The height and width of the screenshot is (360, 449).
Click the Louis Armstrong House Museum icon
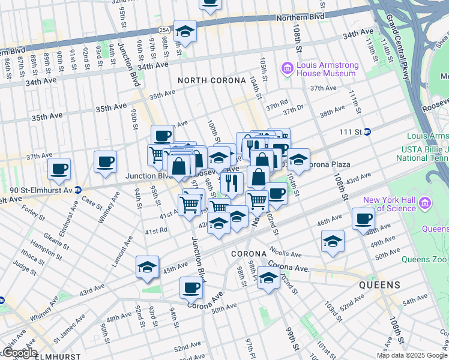click(288, 69)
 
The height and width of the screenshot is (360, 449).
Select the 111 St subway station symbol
click(367, 131)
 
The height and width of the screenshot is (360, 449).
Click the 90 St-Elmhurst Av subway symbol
click(77, 190)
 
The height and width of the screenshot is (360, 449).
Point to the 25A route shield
click(165, 28)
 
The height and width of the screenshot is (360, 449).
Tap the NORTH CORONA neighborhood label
click(212, 80)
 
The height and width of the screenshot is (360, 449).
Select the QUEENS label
click(379, 285)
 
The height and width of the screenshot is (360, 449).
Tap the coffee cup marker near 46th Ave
click(363, 219)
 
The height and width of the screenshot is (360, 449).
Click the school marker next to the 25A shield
click(187, 32)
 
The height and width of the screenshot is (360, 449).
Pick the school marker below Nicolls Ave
click(268, 278)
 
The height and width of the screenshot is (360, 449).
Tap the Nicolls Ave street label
click(285, 250)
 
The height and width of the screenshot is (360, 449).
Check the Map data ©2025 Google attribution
click(412, 355)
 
